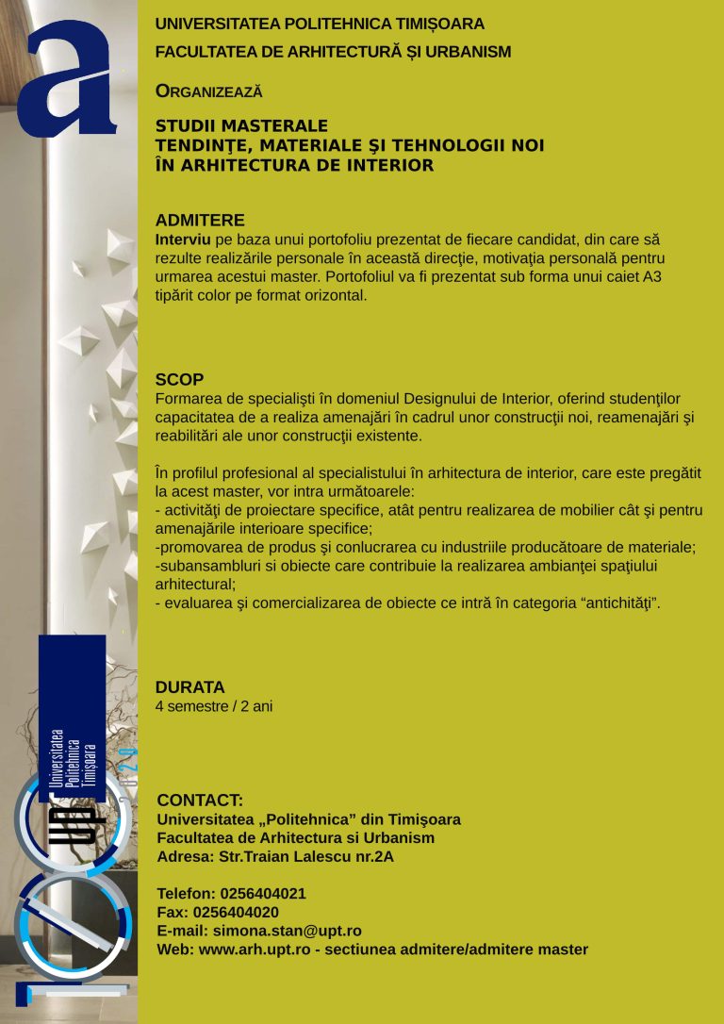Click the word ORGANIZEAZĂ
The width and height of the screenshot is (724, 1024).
coord(208,91)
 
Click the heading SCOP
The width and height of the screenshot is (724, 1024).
coord(179,380)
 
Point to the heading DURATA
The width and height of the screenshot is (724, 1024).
coord(189,686)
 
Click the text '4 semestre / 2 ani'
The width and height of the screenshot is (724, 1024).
coord(213,705)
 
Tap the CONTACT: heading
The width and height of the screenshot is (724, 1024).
coord(200,801)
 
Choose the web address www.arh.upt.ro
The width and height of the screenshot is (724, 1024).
coord(255,950)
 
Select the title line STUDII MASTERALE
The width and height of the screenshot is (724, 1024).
coord(241,126)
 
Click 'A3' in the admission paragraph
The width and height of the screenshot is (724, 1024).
coord(653,277)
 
